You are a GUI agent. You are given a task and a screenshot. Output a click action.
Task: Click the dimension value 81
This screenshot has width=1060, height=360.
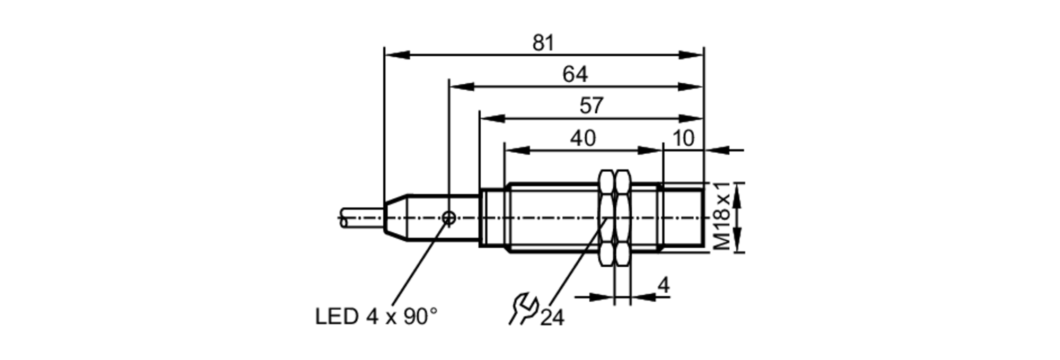pyautogui.click(x=543, y=43)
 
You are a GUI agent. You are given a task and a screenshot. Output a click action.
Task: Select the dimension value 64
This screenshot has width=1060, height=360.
pyautogui.click(x=575, y=75)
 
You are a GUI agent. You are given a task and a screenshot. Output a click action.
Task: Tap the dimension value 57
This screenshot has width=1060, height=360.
pyautogui.click(x=591, y=106)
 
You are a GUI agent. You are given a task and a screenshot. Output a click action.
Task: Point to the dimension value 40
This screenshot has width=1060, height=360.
pyautogui.click(x=583, y=138)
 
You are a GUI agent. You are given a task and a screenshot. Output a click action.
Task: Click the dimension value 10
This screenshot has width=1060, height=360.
pyautogui.click(x=683, y=138)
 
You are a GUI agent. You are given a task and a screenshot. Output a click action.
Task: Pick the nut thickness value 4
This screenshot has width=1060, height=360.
pyautogui.click(x=663, y=286)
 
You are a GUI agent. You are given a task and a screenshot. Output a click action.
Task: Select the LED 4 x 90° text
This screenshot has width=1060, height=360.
pyautogui.click(x=376, y=317)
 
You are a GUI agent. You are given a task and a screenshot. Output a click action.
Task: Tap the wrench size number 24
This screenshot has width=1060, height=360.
pyautogui.click(x=553, y=318)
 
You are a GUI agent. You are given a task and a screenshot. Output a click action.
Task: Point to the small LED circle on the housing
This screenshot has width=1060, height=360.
pyautogui.click(x=449, y=217)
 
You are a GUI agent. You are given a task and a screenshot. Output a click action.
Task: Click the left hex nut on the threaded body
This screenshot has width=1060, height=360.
pyautogui.click(x=606, y=218)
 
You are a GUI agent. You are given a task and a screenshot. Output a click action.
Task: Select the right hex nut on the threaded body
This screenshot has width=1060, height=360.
pyautogui.click(x=622, y=218)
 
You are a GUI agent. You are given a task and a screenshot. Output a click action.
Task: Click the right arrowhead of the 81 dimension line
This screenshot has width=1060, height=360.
pyautogui.click(x=692, y=55)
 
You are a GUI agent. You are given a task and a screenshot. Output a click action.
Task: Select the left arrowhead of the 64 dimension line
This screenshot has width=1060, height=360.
pyautogui.click(x=461, y=86)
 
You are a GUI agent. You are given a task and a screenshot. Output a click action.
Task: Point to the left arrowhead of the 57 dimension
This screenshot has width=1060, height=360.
pyautogui.click(x=491, y=118)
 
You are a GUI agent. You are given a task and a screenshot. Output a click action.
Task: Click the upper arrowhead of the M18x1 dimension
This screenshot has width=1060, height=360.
pyautogui.click(x=739, y=194)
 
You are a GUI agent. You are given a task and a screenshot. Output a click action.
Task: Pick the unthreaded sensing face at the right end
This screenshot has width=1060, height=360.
pyautogui.click(x=684, y=218)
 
